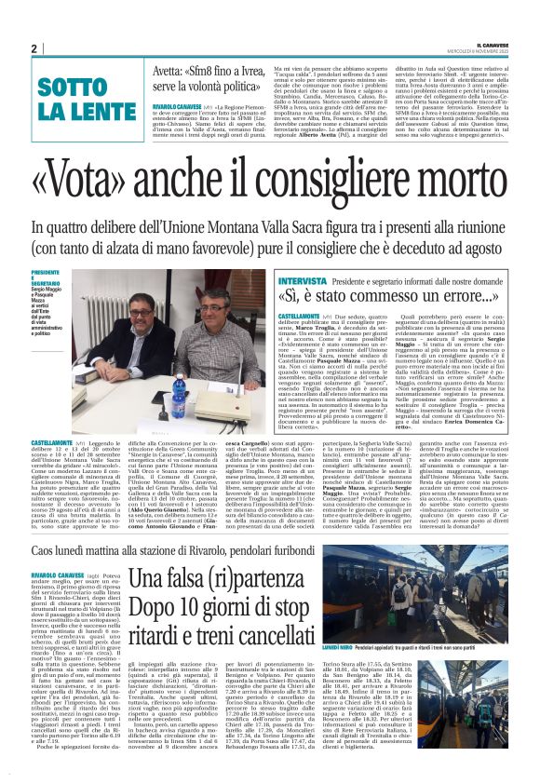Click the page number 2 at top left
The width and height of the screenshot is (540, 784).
[x=34, y=48]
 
